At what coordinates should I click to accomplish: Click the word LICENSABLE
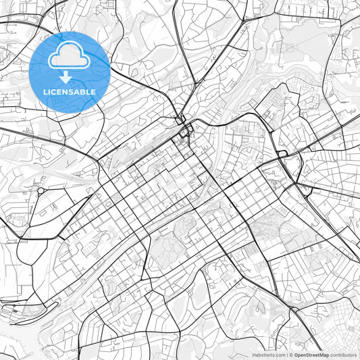(70, 91)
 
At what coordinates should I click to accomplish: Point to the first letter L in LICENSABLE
(45, 91)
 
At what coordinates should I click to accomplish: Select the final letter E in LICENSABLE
(93, 91)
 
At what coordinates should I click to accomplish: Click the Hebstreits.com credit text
(268, 355)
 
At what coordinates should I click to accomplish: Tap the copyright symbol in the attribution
(291, 355)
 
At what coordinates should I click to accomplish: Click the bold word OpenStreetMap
(311, 355)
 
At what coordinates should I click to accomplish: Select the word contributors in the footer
(343, 355)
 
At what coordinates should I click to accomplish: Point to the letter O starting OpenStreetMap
(297, 355)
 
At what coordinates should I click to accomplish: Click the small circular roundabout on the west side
(40, 191)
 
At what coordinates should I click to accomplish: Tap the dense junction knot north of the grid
(184, 128)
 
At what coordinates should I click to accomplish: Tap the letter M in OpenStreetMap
(321, 355)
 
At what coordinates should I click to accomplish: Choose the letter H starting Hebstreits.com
(254, 355)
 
